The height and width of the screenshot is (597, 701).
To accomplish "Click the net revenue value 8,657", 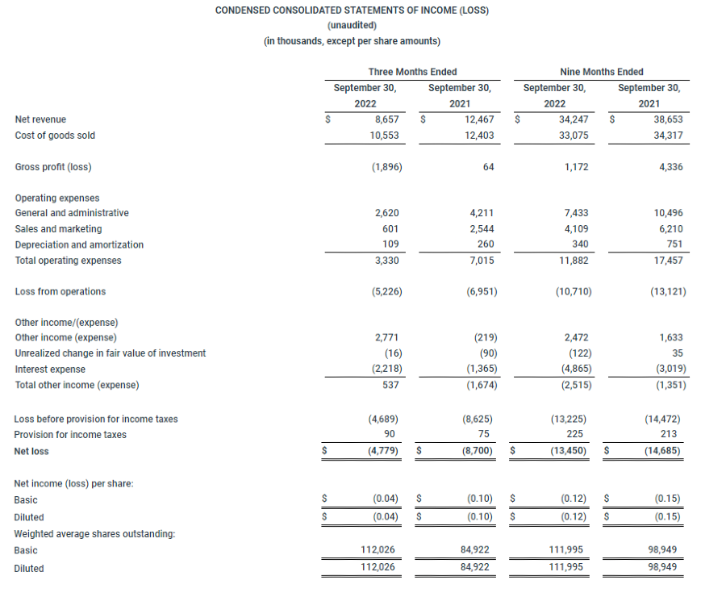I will pos(387,119).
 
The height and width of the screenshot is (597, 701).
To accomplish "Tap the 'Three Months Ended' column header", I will pos(412,72).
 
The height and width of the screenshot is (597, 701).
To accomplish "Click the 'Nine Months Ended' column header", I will pos(601,72).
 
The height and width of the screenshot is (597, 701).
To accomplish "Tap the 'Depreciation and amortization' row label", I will pos(79,244).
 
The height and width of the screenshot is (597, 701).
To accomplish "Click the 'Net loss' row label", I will pos(32,451).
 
